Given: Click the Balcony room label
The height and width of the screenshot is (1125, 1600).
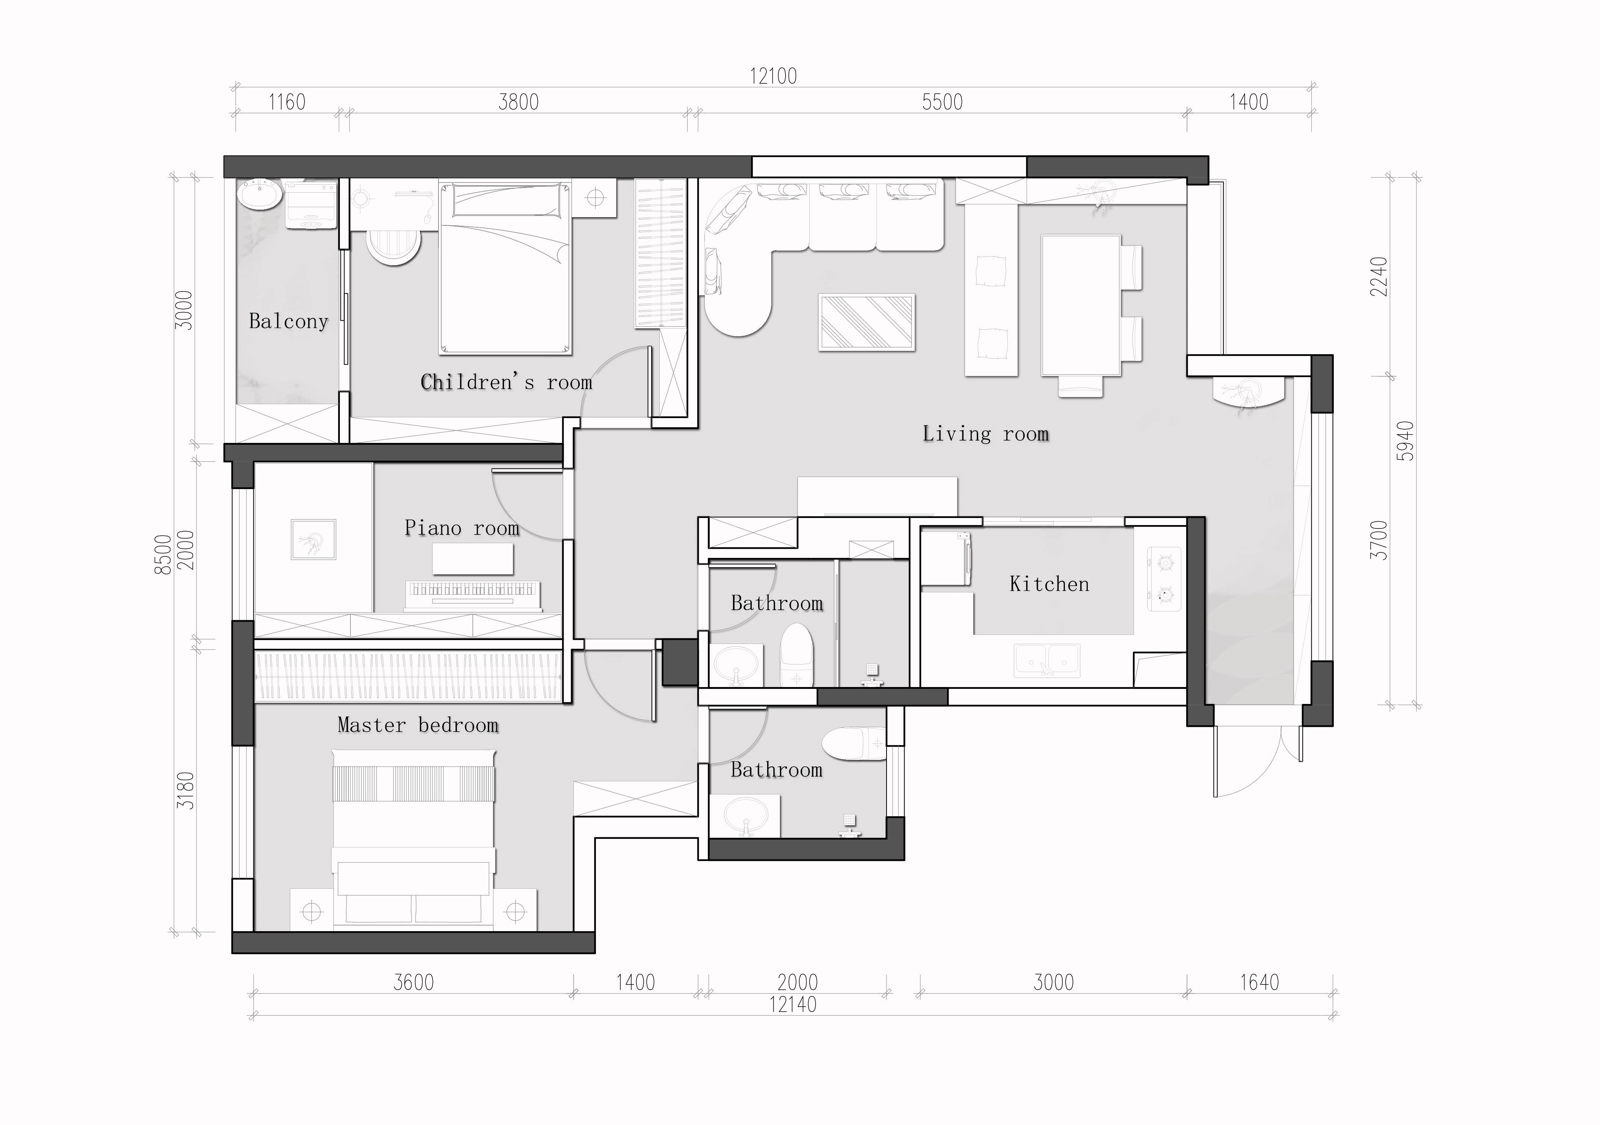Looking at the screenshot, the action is click(288, 321).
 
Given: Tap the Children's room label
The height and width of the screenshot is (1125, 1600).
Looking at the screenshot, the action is click(507, 382).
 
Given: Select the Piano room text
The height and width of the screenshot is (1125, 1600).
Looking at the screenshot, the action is click(462, 528).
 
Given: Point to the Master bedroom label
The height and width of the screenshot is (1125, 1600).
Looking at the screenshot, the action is click(418, 725).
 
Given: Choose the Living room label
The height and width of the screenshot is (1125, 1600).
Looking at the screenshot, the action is click(986, 433).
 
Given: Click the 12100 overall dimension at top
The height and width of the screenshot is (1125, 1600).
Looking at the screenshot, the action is click(773, 76).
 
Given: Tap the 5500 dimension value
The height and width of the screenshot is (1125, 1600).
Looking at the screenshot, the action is click(942, 103).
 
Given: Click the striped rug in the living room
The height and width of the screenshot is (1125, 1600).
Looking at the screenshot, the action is click(867, 322).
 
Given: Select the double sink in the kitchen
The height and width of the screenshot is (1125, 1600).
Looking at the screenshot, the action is click(1047, 660).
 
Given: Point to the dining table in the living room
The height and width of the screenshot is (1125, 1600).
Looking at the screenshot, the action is click(1081, 305).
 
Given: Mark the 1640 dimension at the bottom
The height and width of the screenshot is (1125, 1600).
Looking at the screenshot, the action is click(1259, 982).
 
